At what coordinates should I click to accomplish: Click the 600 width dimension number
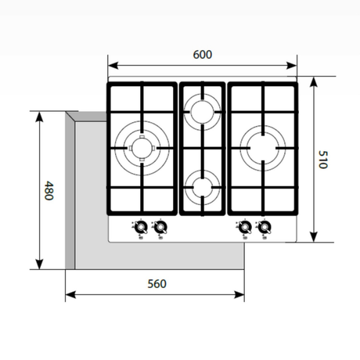point(202,55)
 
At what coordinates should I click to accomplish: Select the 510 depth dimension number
point(321,160)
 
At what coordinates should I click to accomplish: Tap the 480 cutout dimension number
point(49,191)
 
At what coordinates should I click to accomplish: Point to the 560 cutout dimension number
point(157,283)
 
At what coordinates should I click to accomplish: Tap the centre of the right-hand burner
point(261,146)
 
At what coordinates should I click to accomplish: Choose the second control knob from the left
point(161,228)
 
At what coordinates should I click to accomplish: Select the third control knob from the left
point(244,228)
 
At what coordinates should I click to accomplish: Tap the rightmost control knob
point(265,228)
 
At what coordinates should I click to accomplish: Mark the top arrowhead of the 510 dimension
point(313,80)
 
